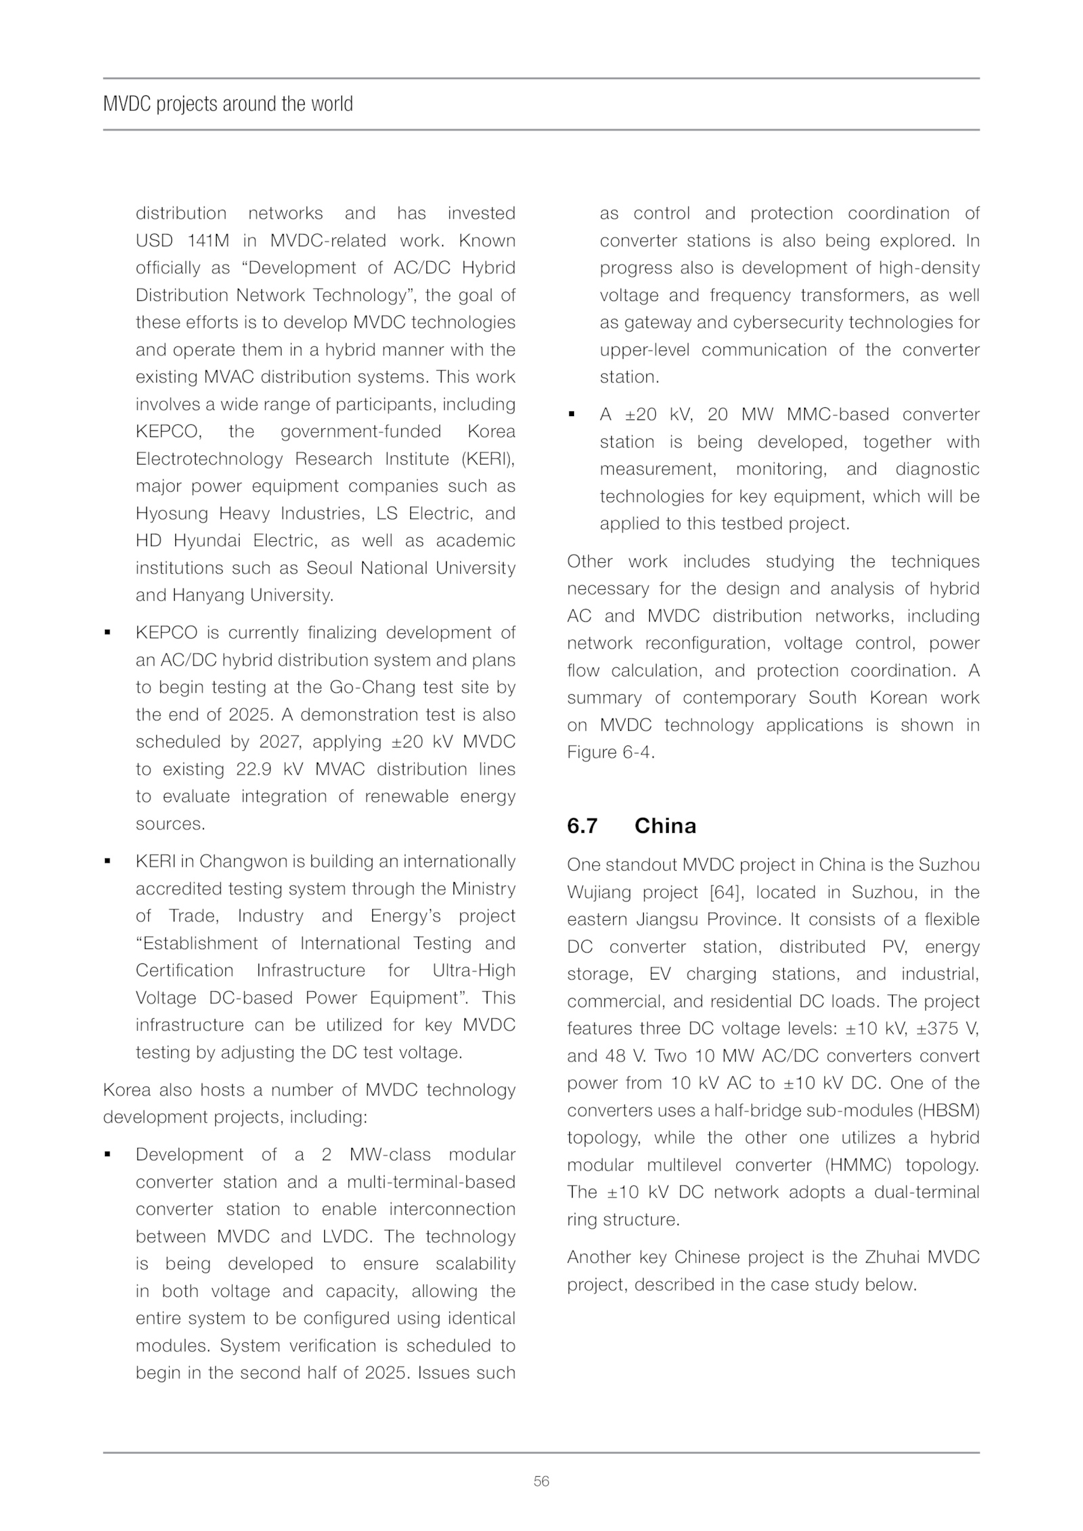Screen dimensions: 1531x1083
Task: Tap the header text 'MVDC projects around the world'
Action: [x=228, y=104]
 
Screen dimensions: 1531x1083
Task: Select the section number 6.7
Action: [x=582, y=826]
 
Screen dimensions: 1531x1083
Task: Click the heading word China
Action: [x=665, y=826]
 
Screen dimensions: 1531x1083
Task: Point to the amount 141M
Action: [x=208, y=241]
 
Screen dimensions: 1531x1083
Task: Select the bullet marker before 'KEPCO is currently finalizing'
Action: [x=107, y=633]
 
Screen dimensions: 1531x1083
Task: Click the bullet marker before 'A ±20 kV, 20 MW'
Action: [x=571, y=415]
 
